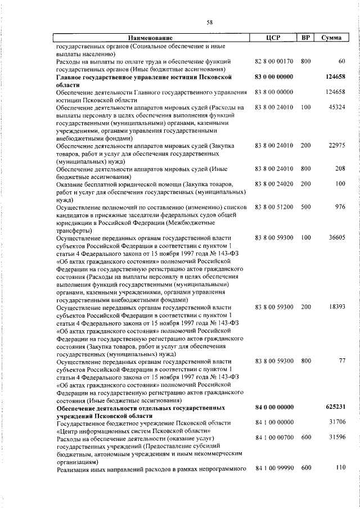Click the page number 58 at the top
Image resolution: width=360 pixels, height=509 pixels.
[209, 22]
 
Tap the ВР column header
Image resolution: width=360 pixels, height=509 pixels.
[305, 38]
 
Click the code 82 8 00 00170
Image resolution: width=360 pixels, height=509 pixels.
[274, 61]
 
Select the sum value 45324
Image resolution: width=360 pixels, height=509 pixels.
[336, 107]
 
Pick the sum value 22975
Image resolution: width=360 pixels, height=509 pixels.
[336, 146]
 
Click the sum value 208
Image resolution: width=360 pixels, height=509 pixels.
[339, 169]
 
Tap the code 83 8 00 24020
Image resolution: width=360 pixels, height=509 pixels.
[274, 184]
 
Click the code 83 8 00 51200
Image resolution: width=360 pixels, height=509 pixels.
[274, 207]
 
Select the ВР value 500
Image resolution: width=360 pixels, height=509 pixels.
[305, 207]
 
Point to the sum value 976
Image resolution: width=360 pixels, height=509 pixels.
[339, 207]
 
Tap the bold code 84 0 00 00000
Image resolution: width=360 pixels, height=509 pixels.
[274, 407]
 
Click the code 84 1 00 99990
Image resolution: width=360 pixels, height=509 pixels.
[274, 468]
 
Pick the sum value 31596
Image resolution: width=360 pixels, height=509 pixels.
[336, 437]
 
